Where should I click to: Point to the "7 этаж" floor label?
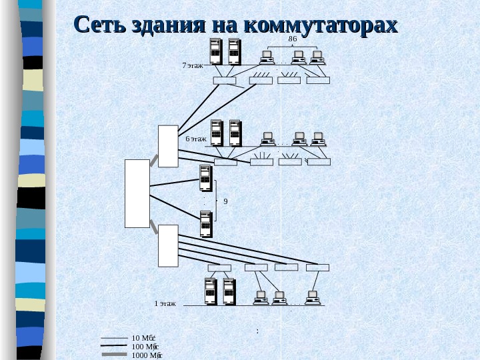[193, 66]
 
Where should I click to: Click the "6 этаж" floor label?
[196, 139]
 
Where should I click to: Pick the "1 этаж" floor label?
[165, 303]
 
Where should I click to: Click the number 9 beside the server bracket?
[225, 201]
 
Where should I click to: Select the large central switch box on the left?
[137, 193]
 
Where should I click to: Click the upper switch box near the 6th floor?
[168, 145]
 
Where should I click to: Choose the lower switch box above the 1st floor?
[168, 245]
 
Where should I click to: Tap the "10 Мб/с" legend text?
[144, 338]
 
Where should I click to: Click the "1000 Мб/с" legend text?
[147, 355]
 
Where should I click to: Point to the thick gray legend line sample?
[114, 355]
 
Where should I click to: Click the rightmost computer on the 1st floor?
[312, 296]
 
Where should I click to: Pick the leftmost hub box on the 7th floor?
[224, 81]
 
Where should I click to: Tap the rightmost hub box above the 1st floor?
[317, 268]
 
